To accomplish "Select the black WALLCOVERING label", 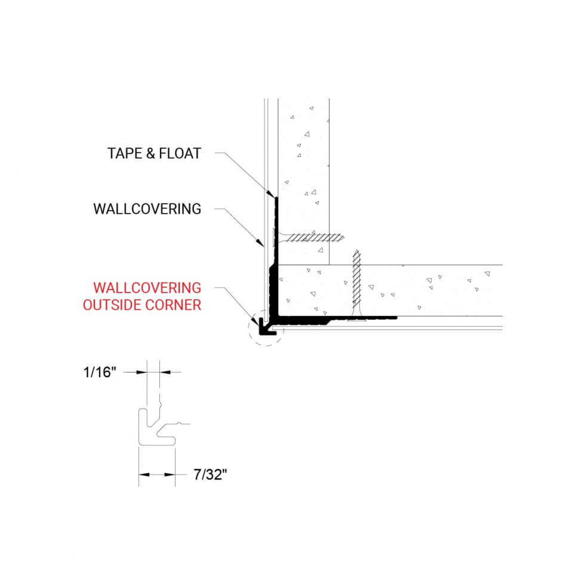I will pos(147,209).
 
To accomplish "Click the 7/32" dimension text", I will pos(211,475).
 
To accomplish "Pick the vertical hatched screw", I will pos(356,284).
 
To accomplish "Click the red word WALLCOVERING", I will pos(142,289).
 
